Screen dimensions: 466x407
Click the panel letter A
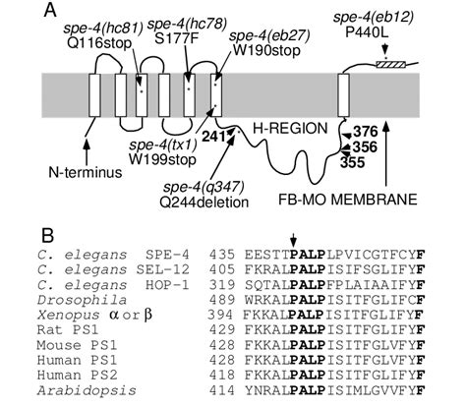pos(49,11)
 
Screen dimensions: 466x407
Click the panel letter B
pos(47,235)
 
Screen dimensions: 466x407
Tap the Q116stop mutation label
pos(99,42)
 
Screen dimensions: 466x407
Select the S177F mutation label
pos(187,37)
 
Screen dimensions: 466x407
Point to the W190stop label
pos(266,50)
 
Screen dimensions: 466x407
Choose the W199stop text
pos(162,159)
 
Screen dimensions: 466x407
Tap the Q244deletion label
pos(204,203)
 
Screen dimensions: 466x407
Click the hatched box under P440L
pos(390,64)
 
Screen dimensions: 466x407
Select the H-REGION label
pos(290,129)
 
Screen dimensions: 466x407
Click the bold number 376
pos(365,132)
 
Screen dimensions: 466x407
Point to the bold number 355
pos(352,162)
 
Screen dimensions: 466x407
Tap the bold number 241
pos(213,137)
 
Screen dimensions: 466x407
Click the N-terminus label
pos(86,172)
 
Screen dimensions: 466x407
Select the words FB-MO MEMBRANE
pos(348,200)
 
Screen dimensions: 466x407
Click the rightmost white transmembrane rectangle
pos(343,95)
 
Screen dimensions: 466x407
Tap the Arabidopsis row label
pos(87,390)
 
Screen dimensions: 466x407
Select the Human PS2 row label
pos(77,375)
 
